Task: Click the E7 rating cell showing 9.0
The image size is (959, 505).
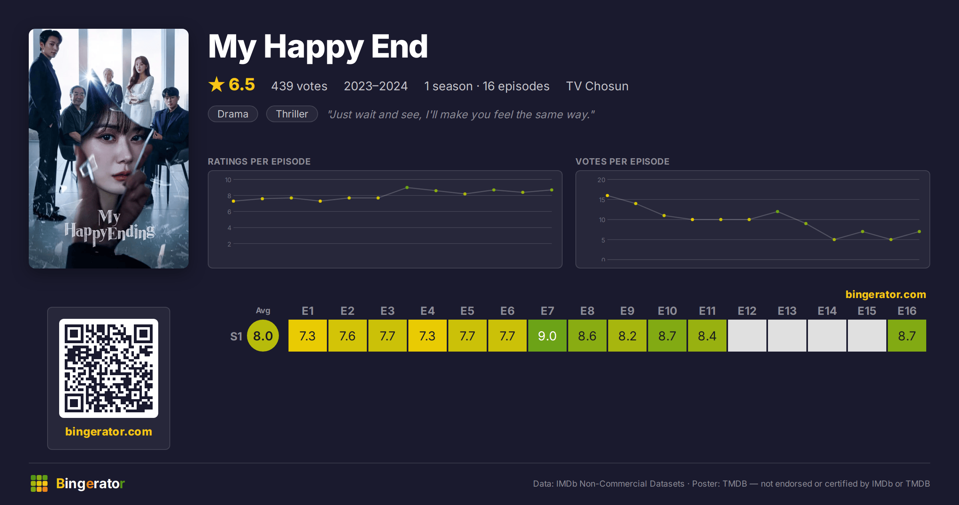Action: (x=547, y=336)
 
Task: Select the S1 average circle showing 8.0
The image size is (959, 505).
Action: (x=263, y=336)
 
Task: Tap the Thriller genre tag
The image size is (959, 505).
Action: (x=292, y=114)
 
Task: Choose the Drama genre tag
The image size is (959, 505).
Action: (x=233, y=114)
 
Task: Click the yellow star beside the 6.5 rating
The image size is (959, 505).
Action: (x=217, y=84)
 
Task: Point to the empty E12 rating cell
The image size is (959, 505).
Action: (x=747, y=336)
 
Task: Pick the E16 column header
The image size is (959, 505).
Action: (x=907, y=311)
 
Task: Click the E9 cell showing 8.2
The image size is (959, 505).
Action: (x=627, y=336)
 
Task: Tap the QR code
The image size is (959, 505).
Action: (x=109, y=368)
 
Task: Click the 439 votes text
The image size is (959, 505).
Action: (x=299, y=86)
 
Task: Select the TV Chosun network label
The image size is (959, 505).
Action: (x=597, y=86)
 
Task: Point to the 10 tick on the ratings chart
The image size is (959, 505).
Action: (x=228, y=180)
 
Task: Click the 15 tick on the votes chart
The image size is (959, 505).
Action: (x=602, y=200)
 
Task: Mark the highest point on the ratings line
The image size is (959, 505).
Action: (x=407, y=187)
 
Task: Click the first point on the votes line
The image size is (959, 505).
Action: (x=607, y=195)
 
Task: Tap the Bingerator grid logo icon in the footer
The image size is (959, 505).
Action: (x=39, y=483)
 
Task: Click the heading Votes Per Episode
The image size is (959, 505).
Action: (x=622, y=161)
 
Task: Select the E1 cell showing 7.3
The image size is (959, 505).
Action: (x=308, y=336)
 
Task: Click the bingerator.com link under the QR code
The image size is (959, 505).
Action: (x=109, y=431)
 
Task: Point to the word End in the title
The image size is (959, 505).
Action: (x=400, y=46)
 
